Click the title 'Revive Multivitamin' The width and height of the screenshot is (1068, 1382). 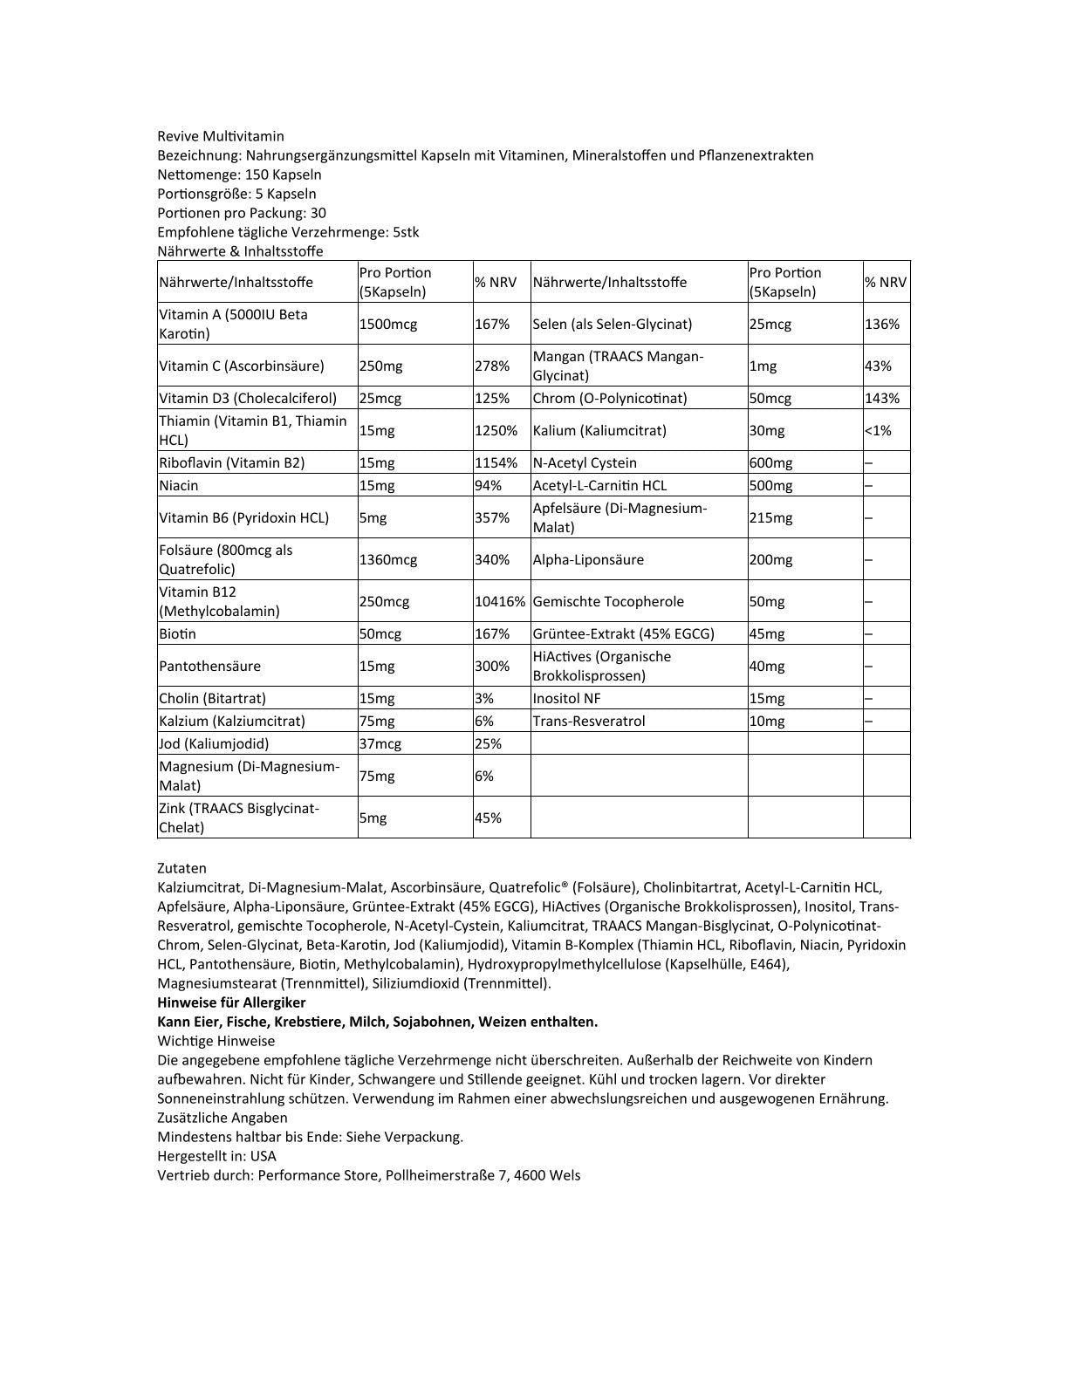coord(221,136)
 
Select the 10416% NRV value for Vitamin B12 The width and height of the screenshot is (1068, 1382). coord(501,601)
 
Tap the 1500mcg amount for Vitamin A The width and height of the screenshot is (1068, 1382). coord(388,324)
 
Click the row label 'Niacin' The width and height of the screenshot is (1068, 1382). coord(179,485)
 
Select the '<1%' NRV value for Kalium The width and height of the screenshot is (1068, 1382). coord(878,430)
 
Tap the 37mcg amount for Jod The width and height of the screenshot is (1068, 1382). coord(380,743)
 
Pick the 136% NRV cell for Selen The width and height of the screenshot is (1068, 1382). coord(881,324)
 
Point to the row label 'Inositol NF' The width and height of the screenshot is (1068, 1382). coord(566,698)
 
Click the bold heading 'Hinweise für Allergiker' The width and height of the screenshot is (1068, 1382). coord(231,1002)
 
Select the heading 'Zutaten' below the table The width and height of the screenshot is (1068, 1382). coord(182,868)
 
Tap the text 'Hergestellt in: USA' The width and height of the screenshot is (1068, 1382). coord(216,1156)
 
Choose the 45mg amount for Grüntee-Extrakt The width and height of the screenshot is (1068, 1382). coord(767,633)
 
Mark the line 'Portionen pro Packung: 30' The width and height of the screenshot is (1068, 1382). coord(242,213)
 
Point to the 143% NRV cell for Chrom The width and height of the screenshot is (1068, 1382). coord(881,398)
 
